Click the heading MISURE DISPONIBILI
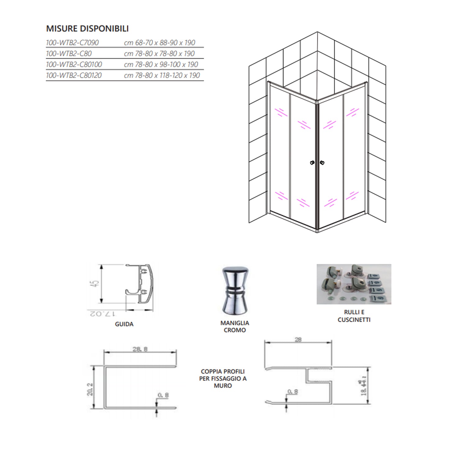pyautogui.click(x=87, y=28)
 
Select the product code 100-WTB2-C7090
pyautogui.click(x=72, y=43)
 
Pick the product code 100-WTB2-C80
pyautogui.click(x=69, y=54)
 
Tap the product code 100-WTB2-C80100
pyautogui.click(x=74, y=65)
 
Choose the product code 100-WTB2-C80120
pyautogui.click(x=73, y=76)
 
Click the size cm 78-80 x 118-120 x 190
pyautogui.click(x=162, y=76)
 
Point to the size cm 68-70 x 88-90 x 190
pyautogui.click(x=159, y=43)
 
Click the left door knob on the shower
pyautogui.click(x=312, y=163)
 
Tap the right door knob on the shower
pyautogui.click(x=322, y=163)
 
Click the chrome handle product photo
pyautogui.click(x=235, y=290)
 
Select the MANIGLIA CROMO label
pyautogui.click(x=235, y=327)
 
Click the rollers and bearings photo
pyautogui.click(x=354, y=284)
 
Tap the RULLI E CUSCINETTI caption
pyautogui.click(x=354, y=316)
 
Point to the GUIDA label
pyautogui.click(x=124, y=324)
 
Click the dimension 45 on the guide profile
pyautogui.click(x=96, y=284)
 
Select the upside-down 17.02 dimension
pyautogui.click(x=102, y=314)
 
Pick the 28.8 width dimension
pyautogui.click(x=140, y=349)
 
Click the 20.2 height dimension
pyautogui.click(x=90, y=389)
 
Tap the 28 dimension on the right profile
pyautogui.click(x=298, y=339)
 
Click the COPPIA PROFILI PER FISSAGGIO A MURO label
pyautogui.click(x=223, y=379)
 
